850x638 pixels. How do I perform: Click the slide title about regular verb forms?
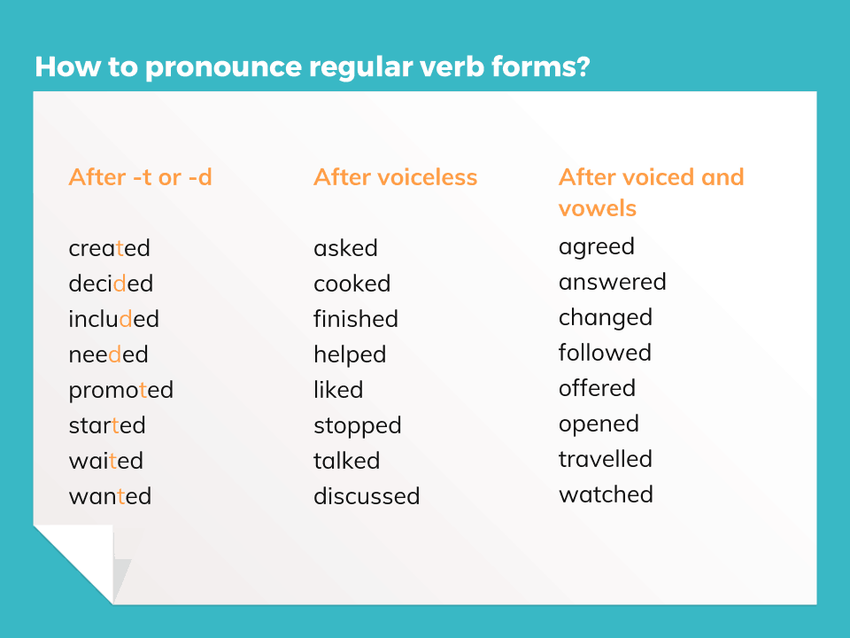(312, 66)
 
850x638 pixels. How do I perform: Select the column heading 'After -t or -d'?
(140, 177)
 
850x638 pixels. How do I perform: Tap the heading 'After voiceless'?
(395, 177)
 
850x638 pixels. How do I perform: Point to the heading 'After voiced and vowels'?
(651, 191)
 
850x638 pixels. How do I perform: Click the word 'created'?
(109, 248)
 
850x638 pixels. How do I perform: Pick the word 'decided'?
(111, 284)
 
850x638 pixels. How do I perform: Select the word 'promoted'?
(120, 390)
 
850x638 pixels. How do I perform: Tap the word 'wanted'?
(110, 496)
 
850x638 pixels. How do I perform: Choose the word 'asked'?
(345, 248)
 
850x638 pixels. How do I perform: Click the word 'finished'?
(355, 319)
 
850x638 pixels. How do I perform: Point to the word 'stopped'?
(357, 425)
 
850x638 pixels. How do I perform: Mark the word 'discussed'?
(366, 496)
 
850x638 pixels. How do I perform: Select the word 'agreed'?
(596, 247)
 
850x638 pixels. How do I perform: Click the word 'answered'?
(612, 282)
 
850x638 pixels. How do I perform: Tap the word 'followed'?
(605, 353)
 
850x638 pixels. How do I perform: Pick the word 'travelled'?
(605, 459)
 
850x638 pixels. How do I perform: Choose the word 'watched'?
(606, 494)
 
